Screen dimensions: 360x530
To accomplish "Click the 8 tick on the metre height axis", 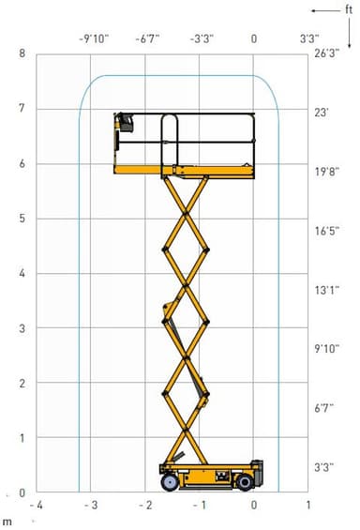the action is click(22, 53).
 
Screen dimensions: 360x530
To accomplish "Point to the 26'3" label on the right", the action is click(326, 53).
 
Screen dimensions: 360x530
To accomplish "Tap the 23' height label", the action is click(322, 113).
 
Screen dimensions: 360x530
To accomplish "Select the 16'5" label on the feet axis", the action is click(327, 231).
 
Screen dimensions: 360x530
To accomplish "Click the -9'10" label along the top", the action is click(94, 38).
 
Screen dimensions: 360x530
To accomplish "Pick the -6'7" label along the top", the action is click(147, 38).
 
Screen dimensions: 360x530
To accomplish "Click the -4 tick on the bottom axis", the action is click(37, 505).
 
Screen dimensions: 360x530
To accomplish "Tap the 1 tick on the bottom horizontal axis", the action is click(308, 505).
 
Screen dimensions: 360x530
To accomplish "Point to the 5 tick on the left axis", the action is click(22, 219).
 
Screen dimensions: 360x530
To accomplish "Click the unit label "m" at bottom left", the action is click(7, 522).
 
